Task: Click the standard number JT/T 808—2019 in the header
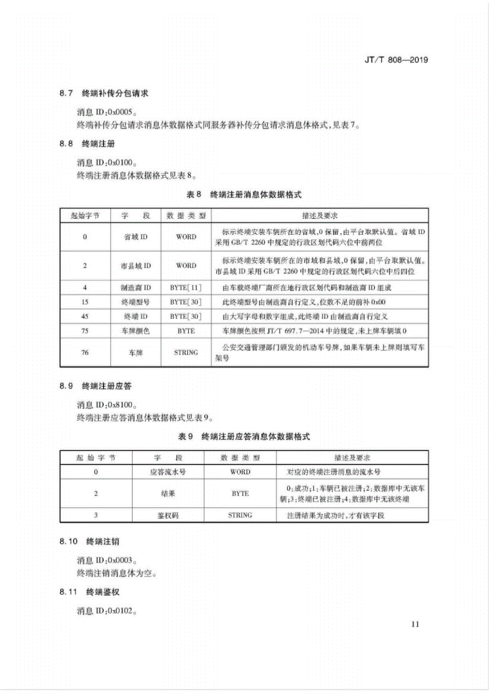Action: tap(396, 59)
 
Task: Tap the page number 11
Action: tap(415, 624)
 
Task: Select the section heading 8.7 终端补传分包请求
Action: tap(104, 93)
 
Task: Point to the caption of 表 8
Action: tap(244, 195)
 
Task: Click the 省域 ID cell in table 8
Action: tap(136, 237)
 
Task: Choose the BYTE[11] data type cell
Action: tap(186, 288)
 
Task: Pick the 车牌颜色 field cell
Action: tap(136, 331)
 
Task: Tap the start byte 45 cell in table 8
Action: tap(84, 316)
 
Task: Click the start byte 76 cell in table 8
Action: tap(84, 352)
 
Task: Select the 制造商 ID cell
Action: tap(136, 288)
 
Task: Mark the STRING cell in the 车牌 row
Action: tap(186, 352)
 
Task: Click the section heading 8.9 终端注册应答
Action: tap(95, 386)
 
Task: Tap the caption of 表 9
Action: tap(244, 437)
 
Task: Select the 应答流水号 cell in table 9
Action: tap(168, 472)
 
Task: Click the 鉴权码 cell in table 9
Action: tap(168, 515)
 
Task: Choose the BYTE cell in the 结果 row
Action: tap(240, 494)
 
